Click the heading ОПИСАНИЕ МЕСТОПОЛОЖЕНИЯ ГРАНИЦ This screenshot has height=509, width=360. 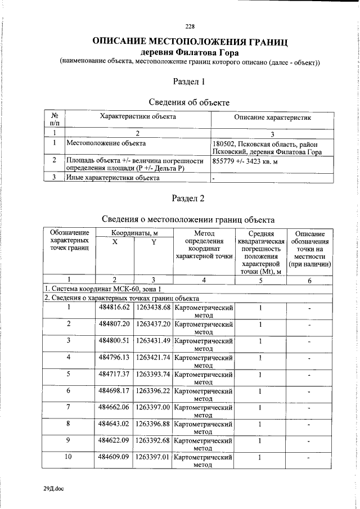190,42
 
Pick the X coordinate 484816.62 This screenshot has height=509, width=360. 114,307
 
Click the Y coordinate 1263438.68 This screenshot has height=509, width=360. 153,307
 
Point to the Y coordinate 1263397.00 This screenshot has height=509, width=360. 153,407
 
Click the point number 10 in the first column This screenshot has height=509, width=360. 69,457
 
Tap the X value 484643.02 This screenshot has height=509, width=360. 114,424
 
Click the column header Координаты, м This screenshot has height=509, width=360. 134,232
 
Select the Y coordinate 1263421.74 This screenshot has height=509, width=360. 153,357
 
